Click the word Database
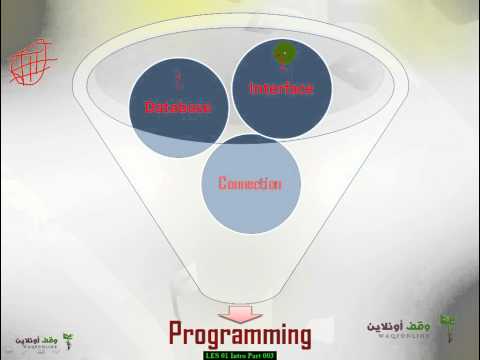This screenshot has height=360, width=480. pos(179,107)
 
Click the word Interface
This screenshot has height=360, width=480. pos(281,88)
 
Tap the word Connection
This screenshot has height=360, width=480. pos(249,184)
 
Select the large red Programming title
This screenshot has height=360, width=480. pos(239,333)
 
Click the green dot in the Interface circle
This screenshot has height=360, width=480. pos(283,52)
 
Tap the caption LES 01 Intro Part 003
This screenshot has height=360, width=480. pos(239,355)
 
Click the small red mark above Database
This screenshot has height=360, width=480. pos(178,79)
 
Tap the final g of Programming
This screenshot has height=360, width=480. pos(302,336)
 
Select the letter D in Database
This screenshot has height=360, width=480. pos(150,107)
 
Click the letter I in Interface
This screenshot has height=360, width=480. pos(251,88)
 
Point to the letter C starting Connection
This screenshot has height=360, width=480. pos(222,184)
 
